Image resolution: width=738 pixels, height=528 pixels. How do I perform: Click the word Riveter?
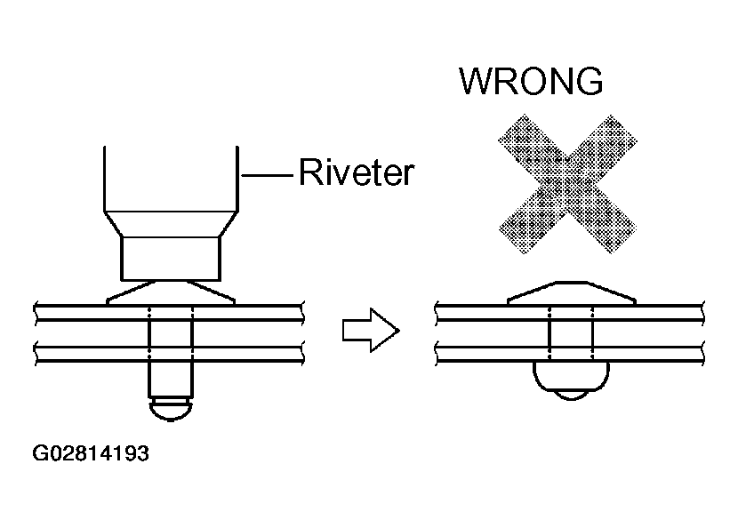(357, 172)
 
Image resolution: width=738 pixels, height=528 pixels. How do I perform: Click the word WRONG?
(531, 82)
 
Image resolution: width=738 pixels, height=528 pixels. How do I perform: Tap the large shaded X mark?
(567, 184)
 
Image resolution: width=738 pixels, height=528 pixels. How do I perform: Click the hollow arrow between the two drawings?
(371, 330)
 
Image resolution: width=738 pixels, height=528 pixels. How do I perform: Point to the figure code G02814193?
(91, 453)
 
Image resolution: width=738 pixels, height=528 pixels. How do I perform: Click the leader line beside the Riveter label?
(268, 175)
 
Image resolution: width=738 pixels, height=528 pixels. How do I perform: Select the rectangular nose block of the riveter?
(171, 259)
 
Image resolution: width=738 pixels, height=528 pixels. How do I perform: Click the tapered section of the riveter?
(171, 223)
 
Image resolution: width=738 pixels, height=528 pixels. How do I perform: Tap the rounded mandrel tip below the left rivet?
(171, 410)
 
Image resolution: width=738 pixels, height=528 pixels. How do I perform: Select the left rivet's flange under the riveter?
(171, 292)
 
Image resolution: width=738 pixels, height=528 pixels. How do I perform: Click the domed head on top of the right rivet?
(572, 293)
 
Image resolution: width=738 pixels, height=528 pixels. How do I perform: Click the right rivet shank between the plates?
(571, 333)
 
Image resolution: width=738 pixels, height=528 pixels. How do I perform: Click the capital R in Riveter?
(309, 172)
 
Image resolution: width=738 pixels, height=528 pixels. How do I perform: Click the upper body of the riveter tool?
(171, 179)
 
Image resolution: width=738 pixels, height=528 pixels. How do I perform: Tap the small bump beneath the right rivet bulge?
(571, 395)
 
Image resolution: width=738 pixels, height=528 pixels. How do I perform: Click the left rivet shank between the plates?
(171, 333)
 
